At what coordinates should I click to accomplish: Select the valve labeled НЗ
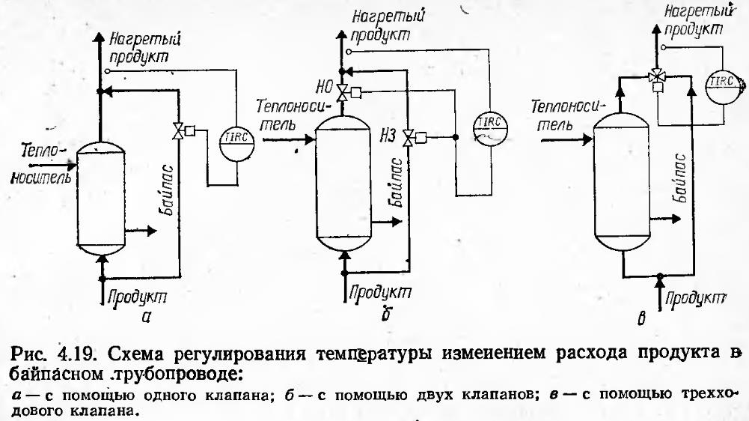pyautogui.click(x=409, y=137)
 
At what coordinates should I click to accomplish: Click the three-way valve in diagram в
pyautogui.click(x=657, y=76)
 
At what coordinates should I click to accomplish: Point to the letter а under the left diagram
pyautogui.click(x=147, y=316)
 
